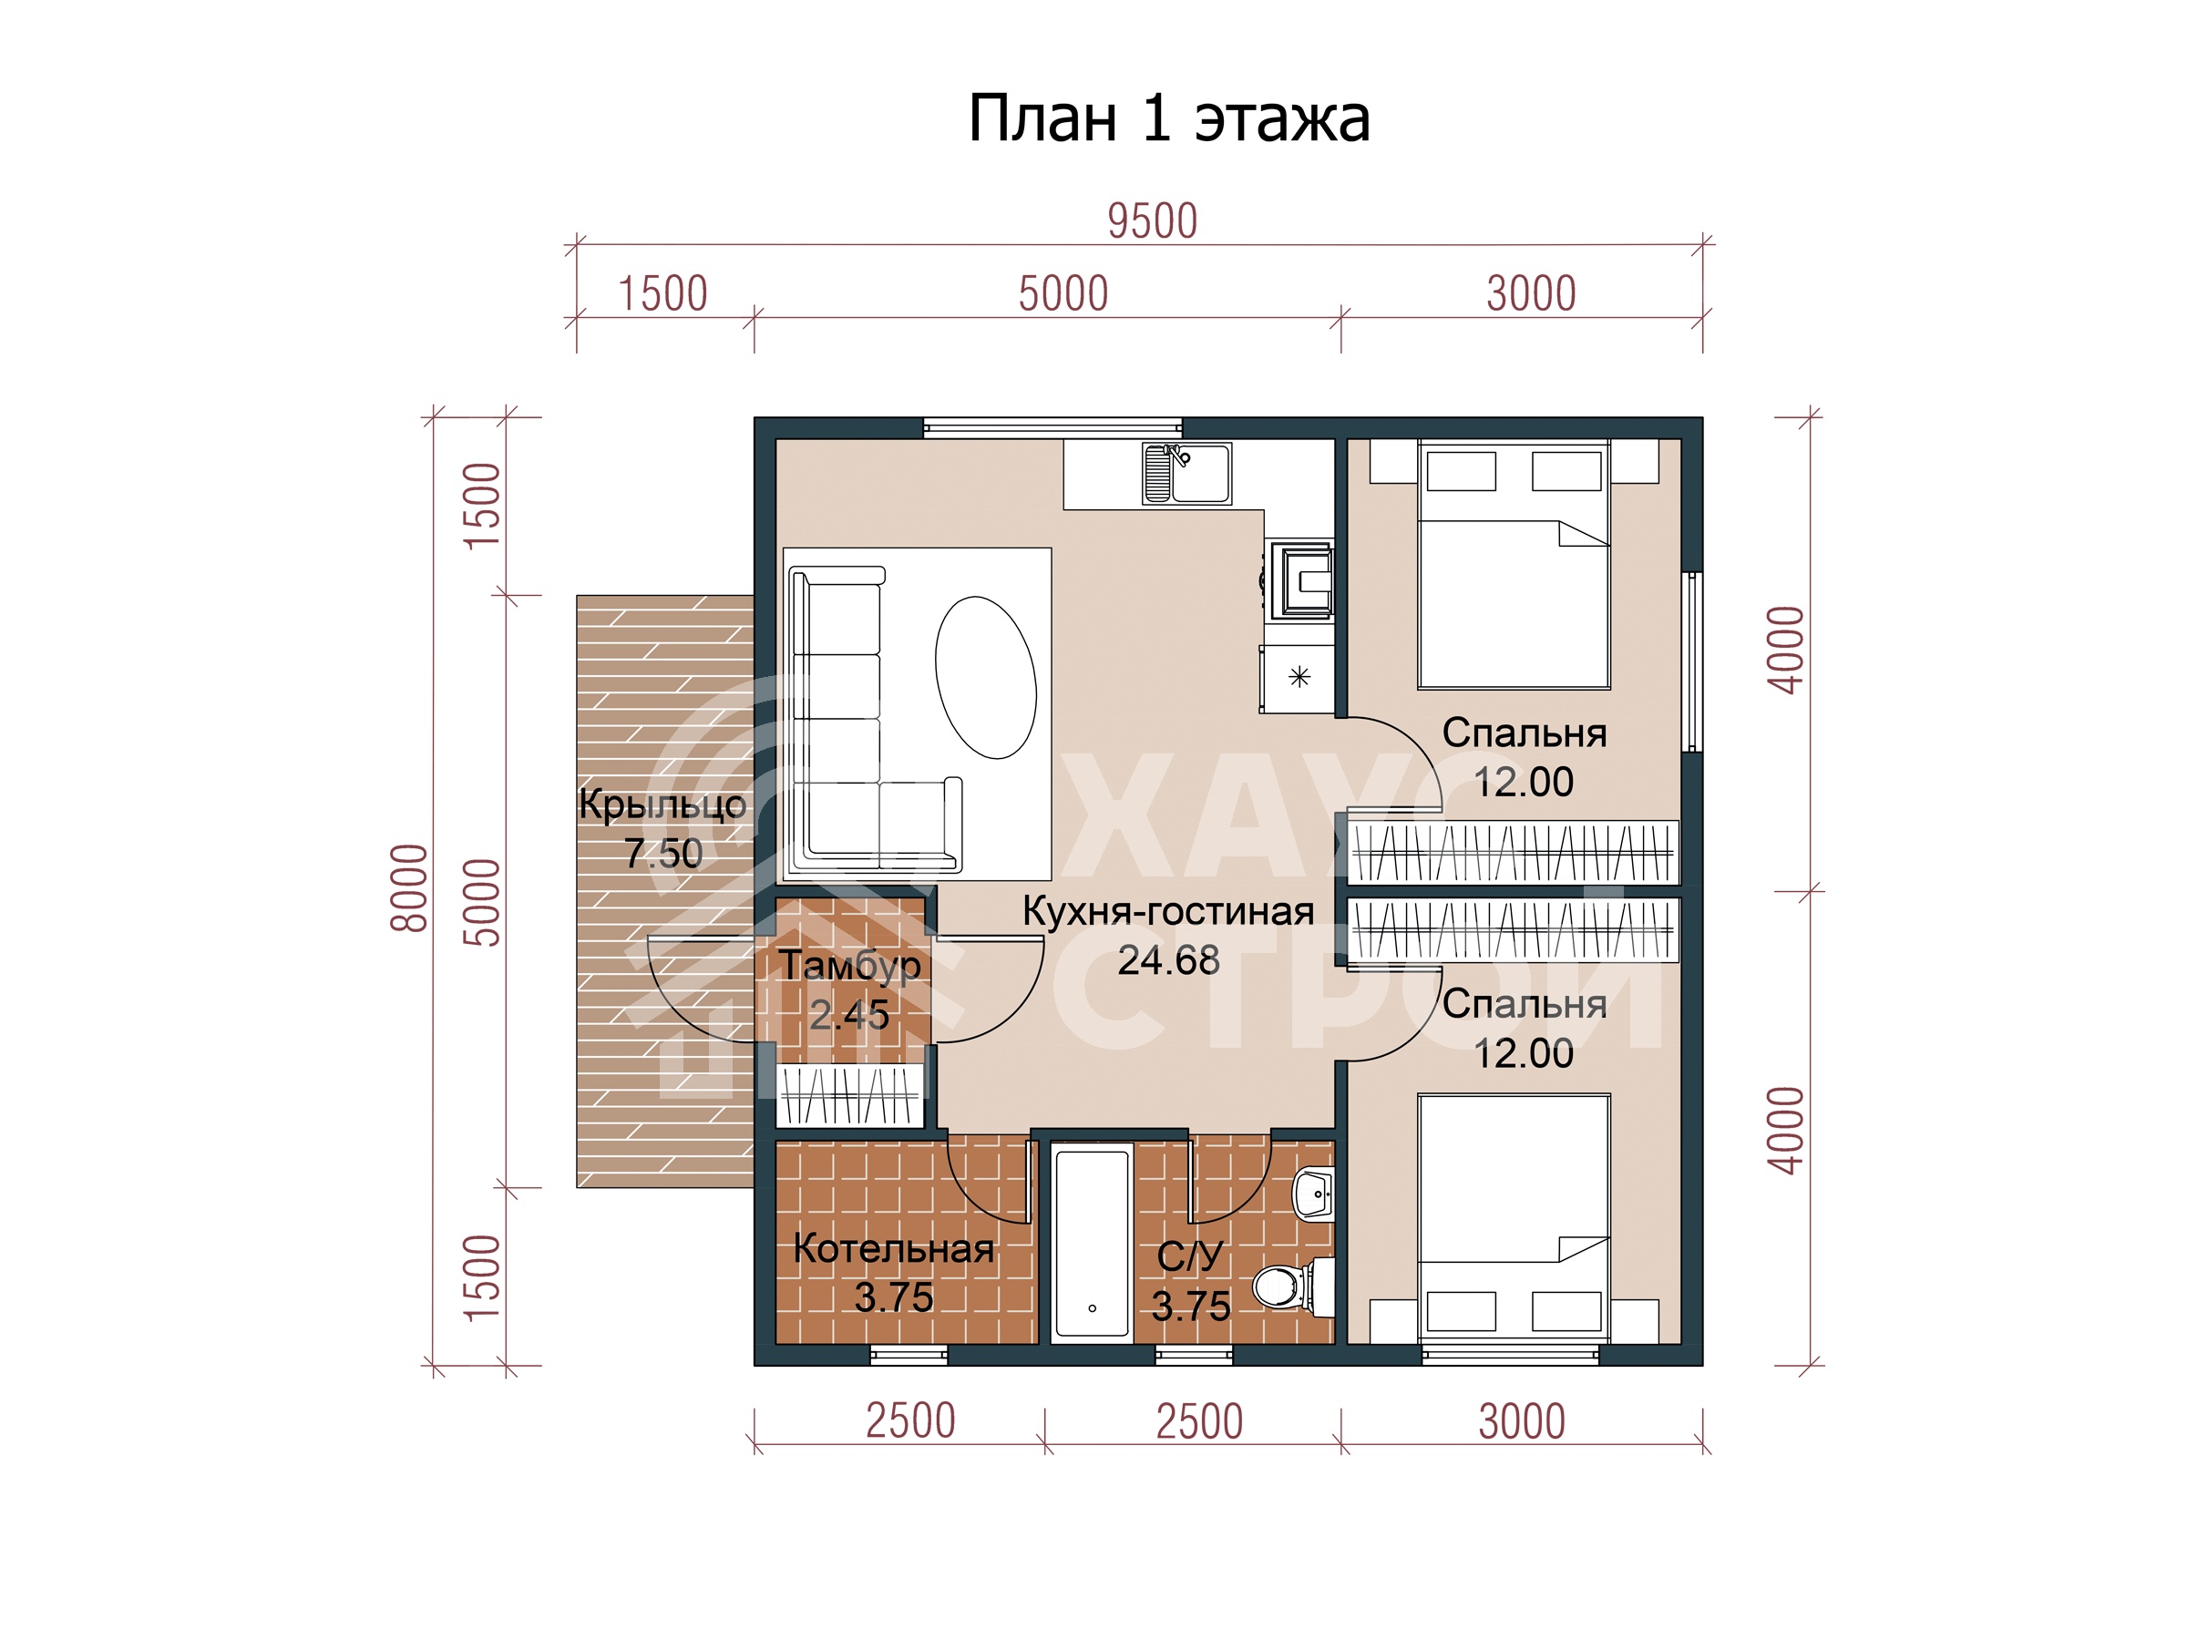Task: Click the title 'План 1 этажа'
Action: [x=1167, y=118]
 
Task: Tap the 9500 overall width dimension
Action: [x=1152, y=221]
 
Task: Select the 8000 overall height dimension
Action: [x=409, y=887]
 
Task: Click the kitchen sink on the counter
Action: [x=1186, y=473]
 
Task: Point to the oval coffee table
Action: [x=986, y=677]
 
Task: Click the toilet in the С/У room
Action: [x=1289, y=1286]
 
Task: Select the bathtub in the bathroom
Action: [x=1092, y=1242]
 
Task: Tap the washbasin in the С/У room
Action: [x=1314, y=1195]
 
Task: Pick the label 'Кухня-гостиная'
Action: [x=1167, y=911]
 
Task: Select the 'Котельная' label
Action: [x=894, y=1248]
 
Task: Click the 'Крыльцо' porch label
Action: [x=662, y=804]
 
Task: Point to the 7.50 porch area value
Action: [x=662, y=853]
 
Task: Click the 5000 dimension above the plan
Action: [x=1063, y=293]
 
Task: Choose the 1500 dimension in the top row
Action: [x=662, y=293]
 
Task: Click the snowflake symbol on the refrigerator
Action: [x=1299, y=676]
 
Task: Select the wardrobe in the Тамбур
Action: [x=850, y=1094]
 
